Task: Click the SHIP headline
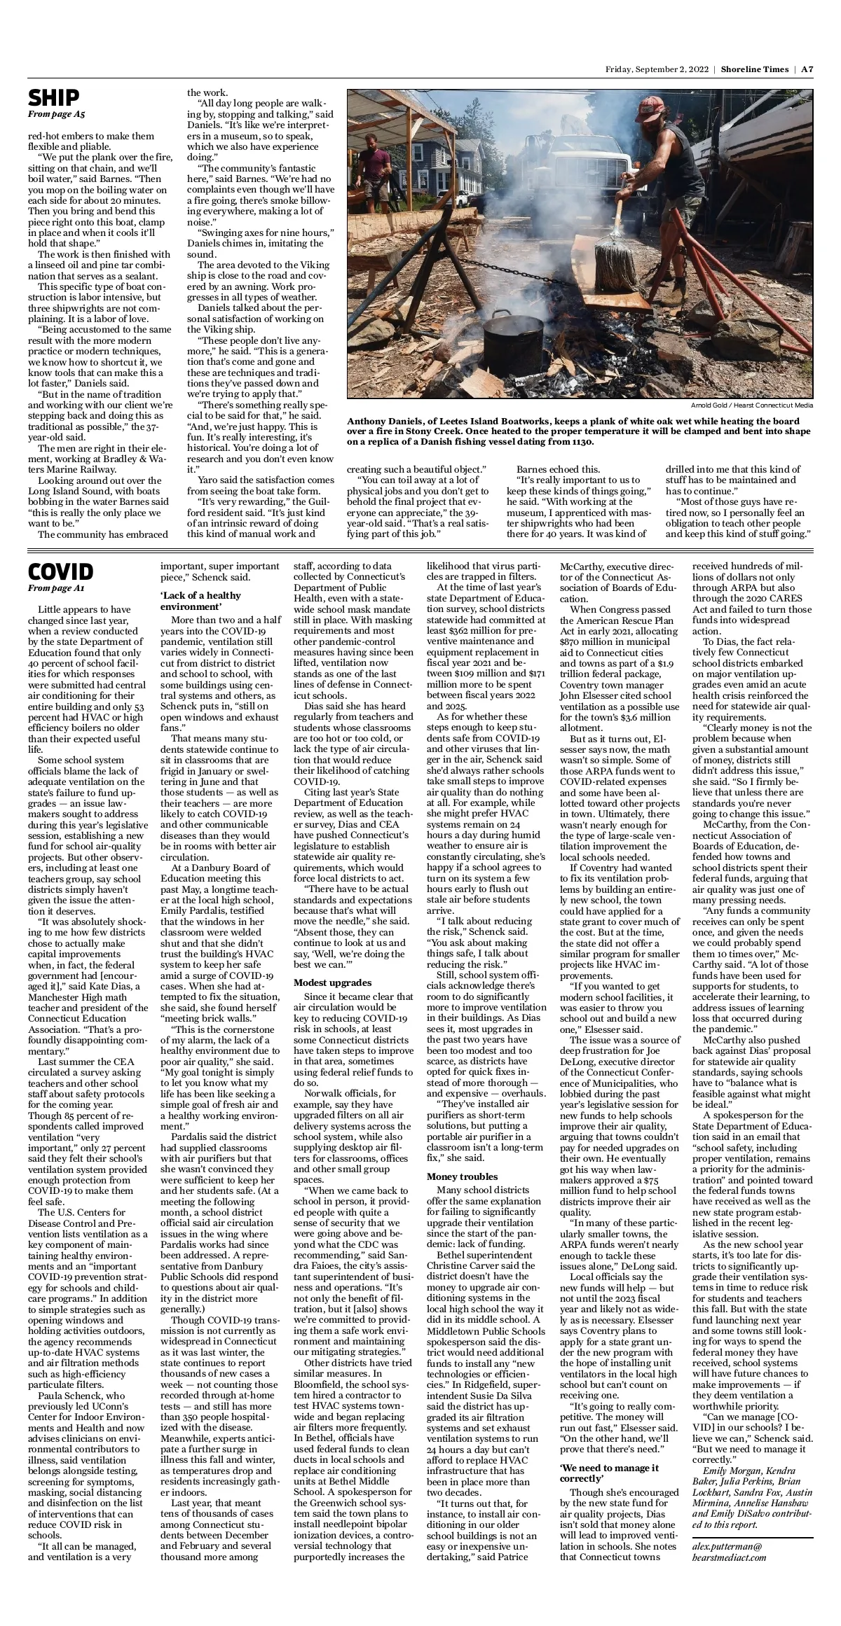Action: pos(54,97)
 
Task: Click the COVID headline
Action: pos(60,571)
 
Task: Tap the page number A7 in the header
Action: pos(807,69)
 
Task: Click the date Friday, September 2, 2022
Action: pos(657,69)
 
